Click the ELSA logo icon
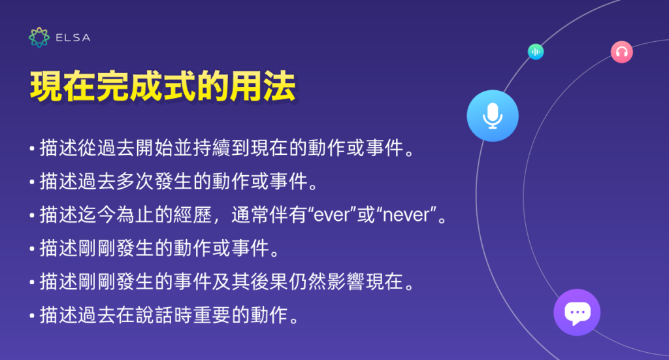point(39,37)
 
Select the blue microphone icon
point(493,116)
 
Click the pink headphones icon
point(621,52)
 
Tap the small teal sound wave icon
point(536,52)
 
